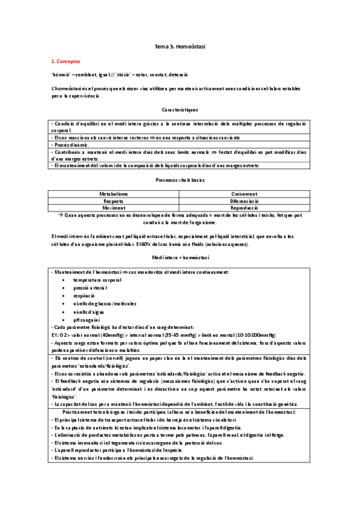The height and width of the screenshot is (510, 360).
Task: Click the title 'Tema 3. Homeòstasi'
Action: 180,46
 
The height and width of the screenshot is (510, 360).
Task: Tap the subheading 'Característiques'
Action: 180,110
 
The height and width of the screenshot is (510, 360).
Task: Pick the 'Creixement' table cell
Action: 244,194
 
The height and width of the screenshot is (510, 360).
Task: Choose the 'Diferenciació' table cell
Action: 244,201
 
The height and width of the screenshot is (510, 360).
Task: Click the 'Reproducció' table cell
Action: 244,207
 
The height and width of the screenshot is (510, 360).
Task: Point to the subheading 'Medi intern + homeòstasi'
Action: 180,257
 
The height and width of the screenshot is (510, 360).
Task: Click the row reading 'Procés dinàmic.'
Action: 71,145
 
